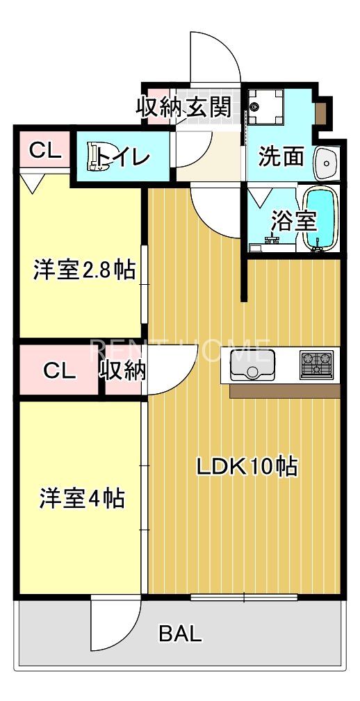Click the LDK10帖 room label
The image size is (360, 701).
[247, 466]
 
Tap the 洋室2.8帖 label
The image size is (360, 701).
[84, 270]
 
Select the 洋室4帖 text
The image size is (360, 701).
[82, 498]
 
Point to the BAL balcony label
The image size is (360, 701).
[181, 633]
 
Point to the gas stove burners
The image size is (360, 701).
[316, 364]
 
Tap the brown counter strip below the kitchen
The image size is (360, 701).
[284, 391]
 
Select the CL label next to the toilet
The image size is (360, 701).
[43, 150]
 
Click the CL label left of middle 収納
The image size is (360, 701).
[59, 371]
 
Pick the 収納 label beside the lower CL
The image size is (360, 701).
[124, 371]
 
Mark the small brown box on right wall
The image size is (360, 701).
[323, 111]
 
